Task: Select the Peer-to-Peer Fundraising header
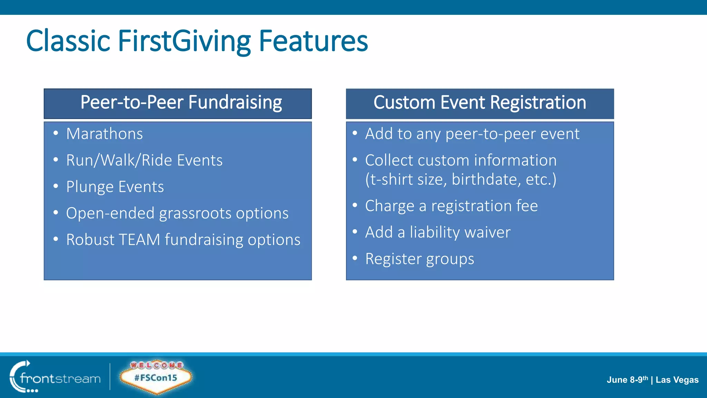tap(181, 103)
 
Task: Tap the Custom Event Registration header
tap(480, 103)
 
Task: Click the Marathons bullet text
tap(104, 134)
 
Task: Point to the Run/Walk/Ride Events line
tap(144, 160)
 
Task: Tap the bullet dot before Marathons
tap(56, 133)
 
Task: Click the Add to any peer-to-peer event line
tap(472, 134)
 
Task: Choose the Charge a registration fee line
tap(451, 206)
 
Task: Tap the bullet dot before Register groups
tap(355, 258)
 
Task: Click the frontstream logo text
tap(60, 379)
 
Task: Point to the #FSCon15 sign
tap(155, 378)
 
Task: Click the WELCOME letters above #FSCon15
tap(156, 365)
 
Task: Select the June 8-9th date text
tap(627, 380)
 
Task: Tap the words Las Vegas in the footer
tap(677, 380)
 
